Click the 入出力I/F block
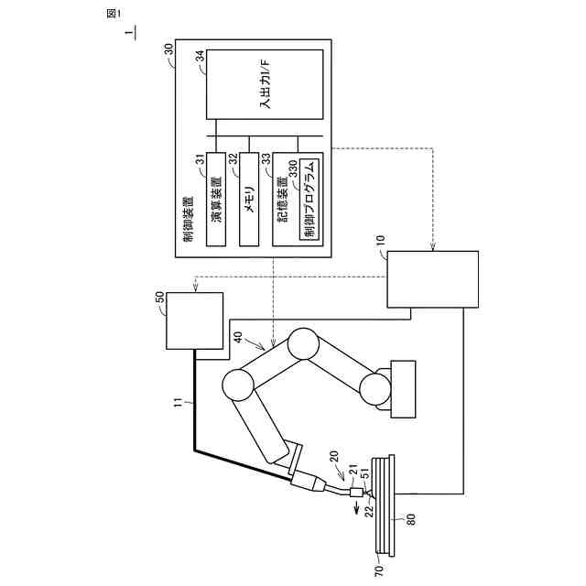tap(264, 85)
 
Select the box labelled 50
tap(194, 320)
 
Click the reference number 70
tap(380, 568)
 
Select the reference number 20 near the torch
tap(333, 455)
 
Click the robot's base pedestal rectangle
tap(403, 389)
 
